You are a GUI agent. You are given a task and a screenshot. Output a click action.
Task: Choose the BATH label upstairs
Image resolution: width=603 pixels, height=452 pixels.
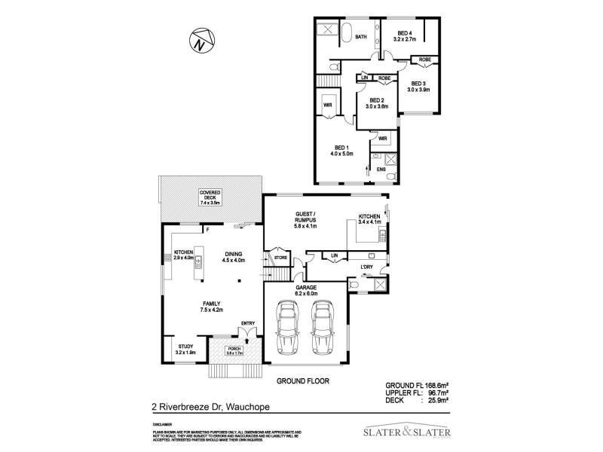(361, 36)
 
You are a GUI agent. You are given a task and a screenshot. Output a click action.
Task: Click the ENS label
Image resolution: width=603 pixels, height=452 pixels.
(381, 170)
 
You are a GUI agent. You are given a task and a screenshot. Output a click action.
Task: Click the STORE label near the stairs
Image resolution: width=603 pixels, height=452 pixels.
(280, 258)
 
